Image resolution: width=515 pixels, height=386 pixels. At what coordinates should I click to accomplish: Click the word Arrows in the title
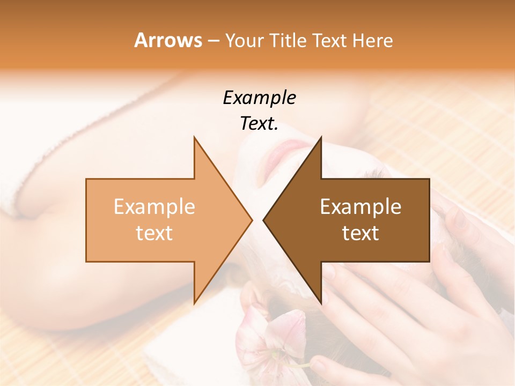coord(168,40)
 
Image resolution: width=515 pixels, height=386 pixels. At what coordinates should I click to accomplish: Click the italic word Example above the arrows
coord(259,98)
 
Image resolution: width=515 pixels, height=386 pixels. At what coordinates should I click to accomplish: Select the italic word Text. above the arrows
coord(259,124)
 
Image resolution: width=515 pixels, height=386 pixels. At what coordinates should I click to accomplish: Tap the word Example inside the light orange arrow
coord(154,207)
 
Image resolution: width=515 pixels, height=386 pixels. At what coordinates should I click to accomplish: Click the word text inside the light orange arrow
coord(154,233)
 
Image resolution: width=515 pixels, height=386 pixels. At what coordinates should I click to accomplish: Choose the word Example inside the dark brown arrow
coord(360,207)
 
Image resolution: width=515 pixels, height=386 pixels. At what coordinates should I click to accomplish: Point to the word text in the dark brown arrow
coord(360,233)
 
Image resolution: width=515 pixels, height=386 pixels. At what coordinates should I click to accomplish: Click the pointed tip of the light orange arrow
coord(252,220)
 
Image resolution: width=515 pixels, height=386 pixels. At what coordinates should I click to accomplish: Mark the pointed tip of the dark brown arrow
coord(263,220)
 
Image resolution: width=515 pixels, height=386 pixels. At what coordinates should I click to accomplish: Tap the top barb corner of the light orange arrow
coord(194,138)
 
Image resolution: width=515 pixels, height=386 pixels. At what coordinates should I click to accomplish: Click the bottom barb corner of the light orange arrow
coord(194,303)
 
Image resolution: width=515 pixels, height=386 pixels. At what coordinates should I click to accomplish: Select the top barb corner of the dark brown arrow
coord(321,138)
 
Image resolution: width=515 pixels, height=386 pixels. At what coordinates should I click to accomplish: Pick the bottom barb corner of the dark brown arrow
coord(321,303)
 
